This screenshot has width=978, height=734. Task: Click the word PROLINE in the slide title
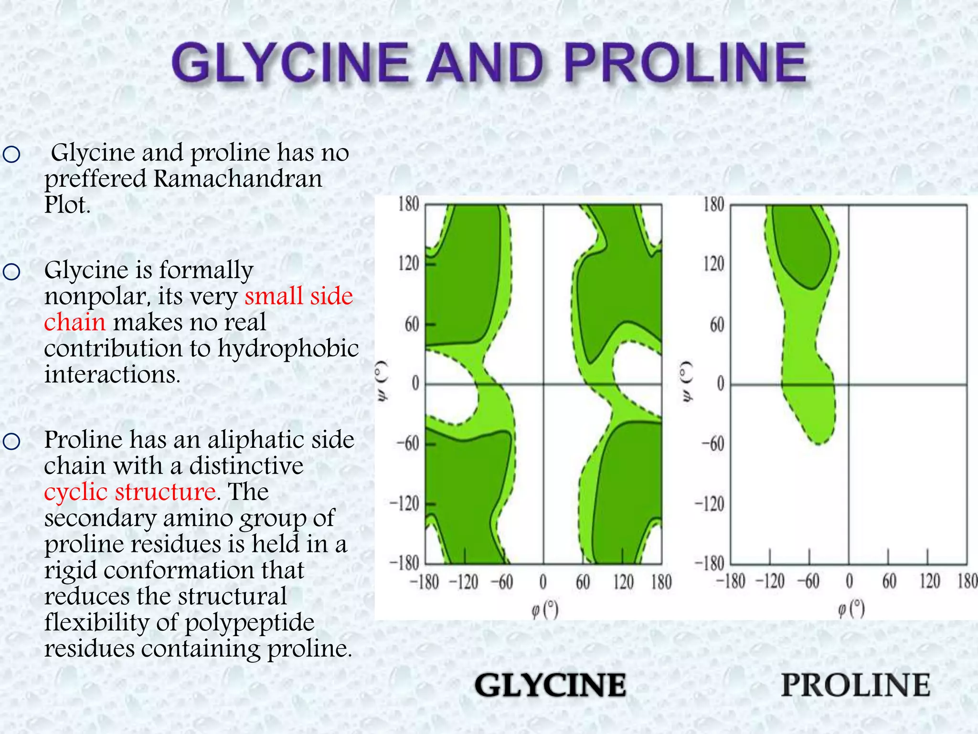click(x=686, y=63)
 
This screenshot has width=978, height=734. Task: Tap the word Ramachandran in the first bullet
click(x=238, y=179)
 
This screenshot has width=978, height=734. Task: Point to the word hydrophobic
click(x=288, y=348)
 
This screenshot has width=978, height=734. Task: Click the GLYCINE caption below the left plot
click(x=550, y=685)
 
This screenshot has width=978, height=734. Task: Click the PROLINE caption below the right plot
click(x=856, y=685)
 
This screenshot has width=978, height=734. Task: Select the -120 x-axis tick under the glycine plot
click(x=463, y=582)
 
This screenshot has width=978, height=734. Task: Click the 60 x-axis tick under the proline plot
click(x=889, y=581)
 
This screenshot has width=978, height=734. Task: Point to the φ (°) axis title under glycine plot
click(x=545, y=609)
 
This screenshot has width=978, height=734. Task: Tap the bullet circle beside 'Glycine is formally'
click(x=11, y=272)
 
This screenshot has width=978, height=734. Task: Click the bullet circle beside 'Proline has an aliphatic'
click(x=11, y=441)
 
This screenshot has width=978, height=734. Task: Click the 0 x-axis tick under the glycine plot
click(x=543, y=582)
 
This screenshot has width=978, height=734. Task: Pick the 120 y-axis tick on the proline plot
click(x=713, y=264)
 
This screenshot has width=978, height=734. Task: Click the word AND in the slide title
click(x=485, y=63)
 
